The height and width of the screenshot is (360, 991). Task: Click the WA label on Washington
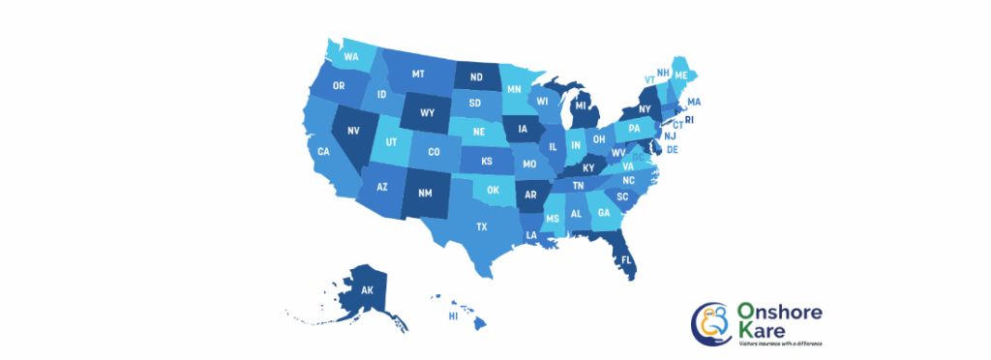pos(351,56)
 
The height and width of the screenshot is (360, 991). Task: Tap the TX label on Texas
pos(481,226)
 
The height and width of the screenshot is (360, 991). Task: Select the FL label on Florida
pos(626,260)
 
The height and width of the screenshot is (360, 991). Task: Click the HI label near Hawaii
pos(452,316)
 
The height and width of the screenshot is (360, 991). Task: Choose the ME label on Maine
pos(681,75)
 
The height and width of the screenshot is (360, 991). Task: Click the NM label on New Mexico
pos(424,193)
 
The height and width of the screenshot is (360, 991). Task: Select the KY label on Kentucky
pos(588,167)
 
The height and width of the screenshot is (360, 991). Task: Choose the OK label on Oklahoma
pos(493,190)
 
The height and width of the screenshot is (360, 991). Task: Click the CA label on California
pos(324,151)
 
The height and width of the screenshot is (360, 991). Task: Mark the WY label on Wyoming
pos(427,112)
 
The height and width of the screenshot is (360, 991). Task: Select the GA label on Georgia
pos(604,213)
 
